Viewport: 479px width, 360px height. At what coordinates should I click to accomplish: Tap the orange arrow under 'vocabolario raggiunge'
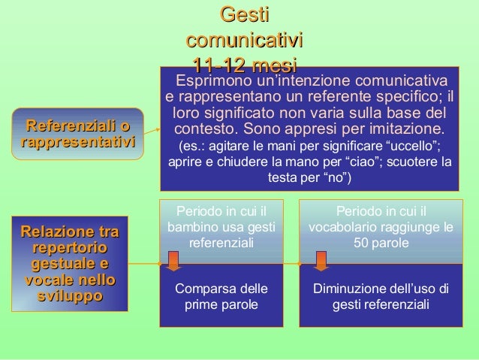321,260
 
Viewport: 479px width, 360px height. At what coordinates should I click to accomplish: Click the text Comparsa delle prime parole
221,298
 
